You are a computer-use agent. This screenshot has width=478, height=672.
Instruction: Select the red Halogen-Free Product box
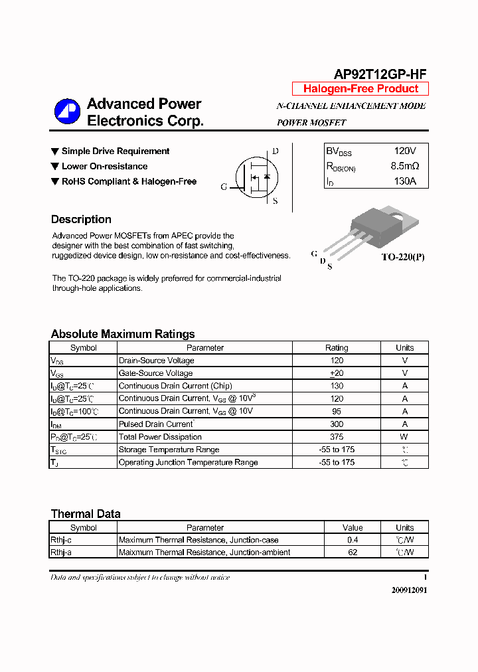[360, 89]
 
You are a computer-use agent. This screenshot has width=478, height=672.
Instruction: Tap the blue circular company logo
[67, 112]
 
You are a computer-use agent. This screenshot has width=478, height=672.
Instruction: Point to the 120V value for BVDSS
[405, 151]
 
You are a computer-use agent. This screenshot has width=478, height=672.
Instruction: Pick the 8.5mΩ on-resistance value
[405, 166]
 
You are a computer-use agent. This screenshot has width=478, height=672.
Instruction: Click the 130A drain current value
[405, 181]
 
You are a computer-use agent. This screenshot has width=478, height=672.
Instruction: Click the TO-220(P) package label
[402, 257]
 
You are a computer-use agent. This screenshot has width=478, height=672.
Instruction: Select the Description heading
[81, 219]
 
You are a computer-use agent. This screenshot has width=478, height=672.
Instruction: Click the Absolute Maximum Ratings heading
[123, 334]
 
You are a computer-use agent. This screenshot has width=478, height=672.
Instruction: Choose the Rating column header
[337, 347]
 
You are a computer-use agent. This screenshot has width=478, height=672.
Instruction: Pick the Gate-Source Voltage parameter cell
[155, 373]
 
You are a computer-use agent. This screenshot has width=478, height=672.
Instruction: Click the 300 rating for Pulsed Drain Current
[337, 424]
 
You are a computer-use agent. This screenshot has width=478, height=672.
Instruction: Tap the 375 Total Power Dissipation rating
[337, 437]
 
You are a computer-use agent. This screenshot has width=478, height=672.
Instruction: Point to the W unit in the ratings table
[404, 437]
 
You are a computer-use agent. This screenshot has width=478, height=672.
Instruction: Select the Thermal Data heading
[86, 513]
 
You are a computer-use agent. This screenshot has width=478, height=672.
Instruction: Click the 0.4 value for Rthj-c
[353, 540]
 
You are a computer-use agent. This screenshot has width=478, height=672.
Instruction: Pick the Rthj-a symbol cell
[61, 552]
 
